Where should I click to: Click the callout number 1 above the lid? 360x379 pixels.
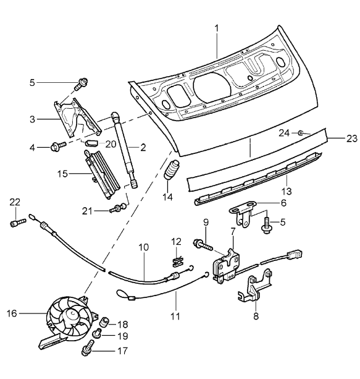click(217, 28)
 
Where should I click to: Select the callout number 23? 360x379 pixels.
click(351, 139)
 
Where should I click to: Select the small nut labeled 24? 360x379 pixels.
click(299, 133)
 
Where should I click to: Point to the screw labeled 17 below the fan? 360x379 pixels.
click(87, 351)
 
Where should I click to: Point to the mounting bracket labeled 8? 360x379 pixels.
click(253, 291)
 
